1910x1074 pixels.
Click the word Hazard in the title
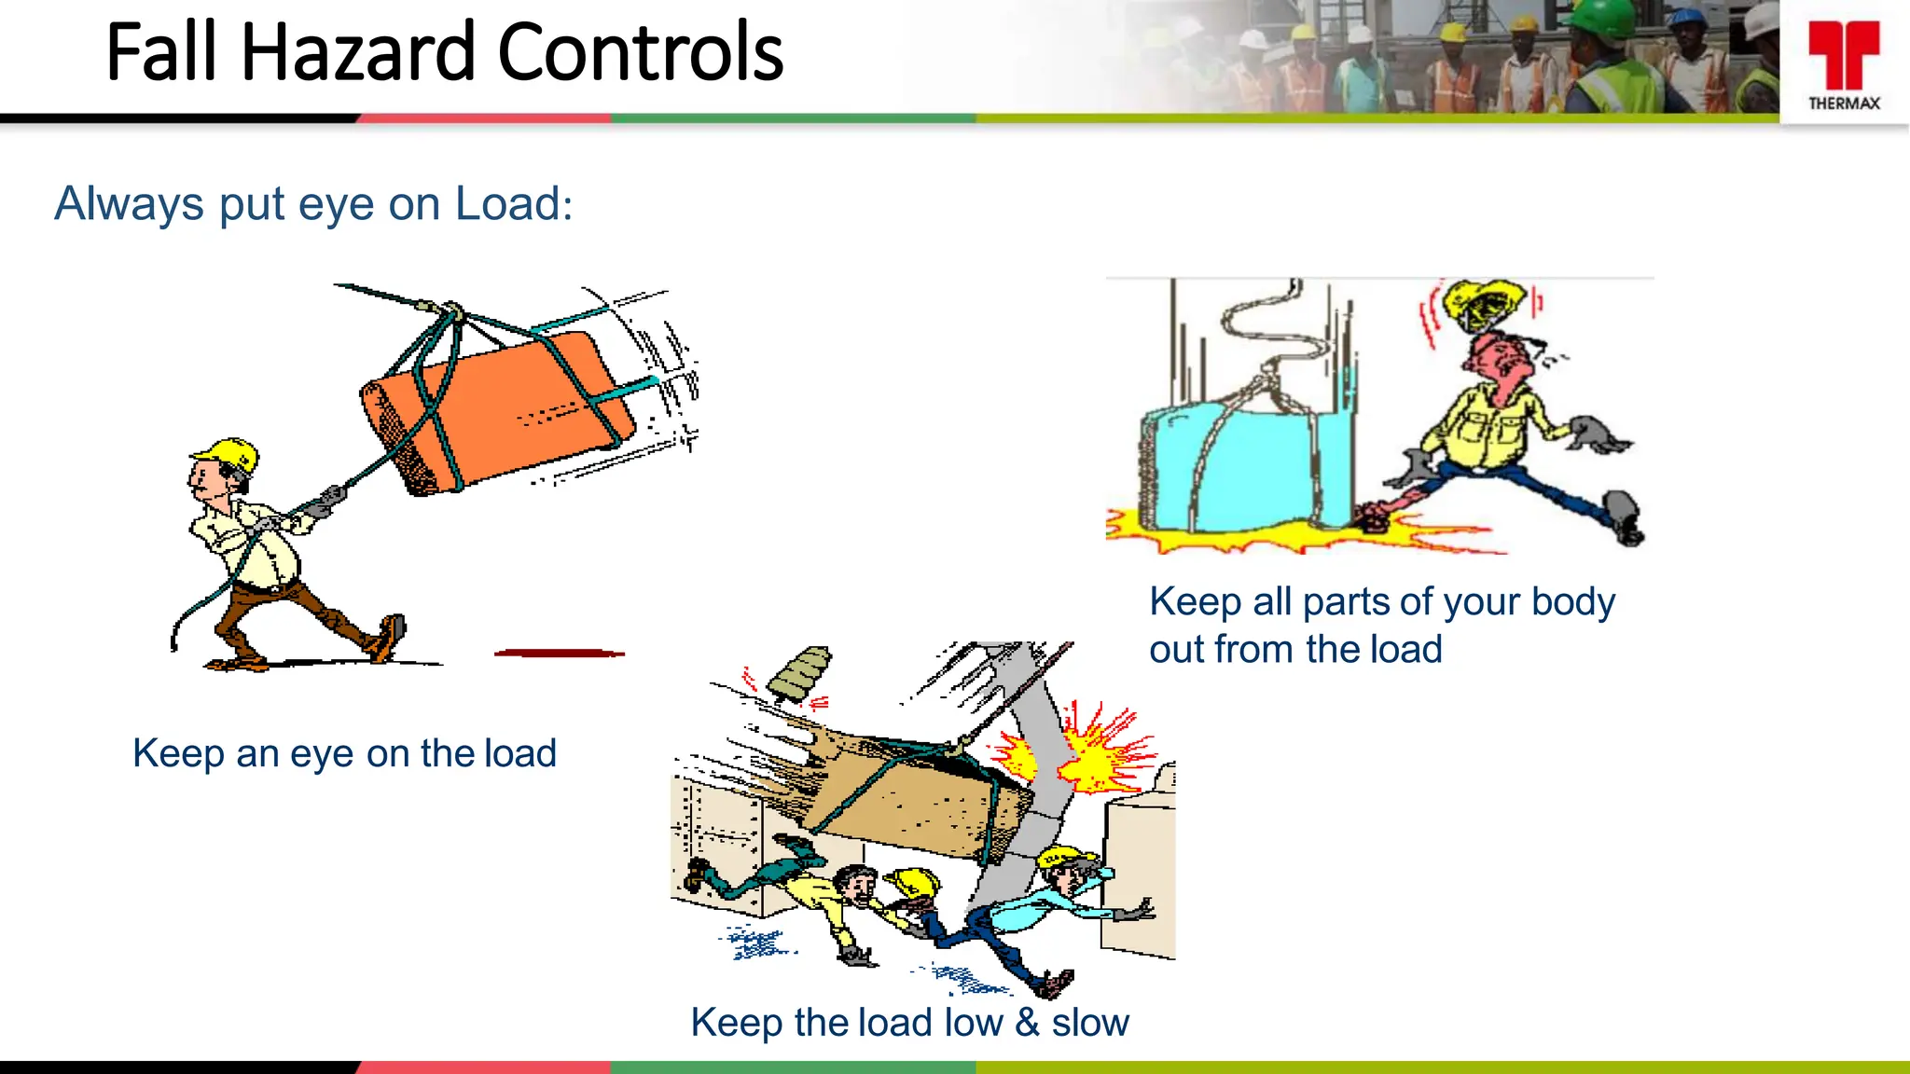(361, 53)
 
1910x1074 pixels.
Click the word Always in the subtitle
(129, 204)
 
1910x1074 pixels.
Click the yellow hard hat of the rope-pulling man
(228, 454)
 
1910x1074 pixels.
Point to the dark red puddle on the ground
(559, 654)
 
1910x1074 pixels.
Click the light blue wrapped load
(1250, 466)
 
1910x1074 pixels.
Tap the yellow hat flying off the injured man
(1483, 303)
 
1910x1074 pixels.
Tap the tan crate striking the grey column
(914, 792)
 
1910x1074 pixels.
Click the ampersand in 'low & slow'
(1027, 1023)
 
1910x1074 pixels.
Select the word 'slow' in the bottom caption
(1090, 1023)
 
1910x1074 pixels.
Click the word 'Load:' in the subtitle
(513, 204)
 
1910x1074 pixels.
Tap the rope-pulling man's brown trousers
(289, 611)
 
